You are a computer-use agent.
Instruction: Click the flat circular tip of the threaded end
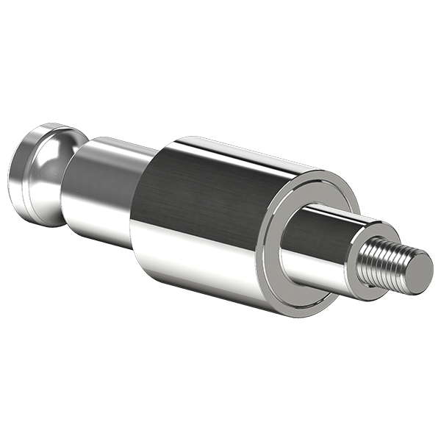[x=417, y=270]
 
